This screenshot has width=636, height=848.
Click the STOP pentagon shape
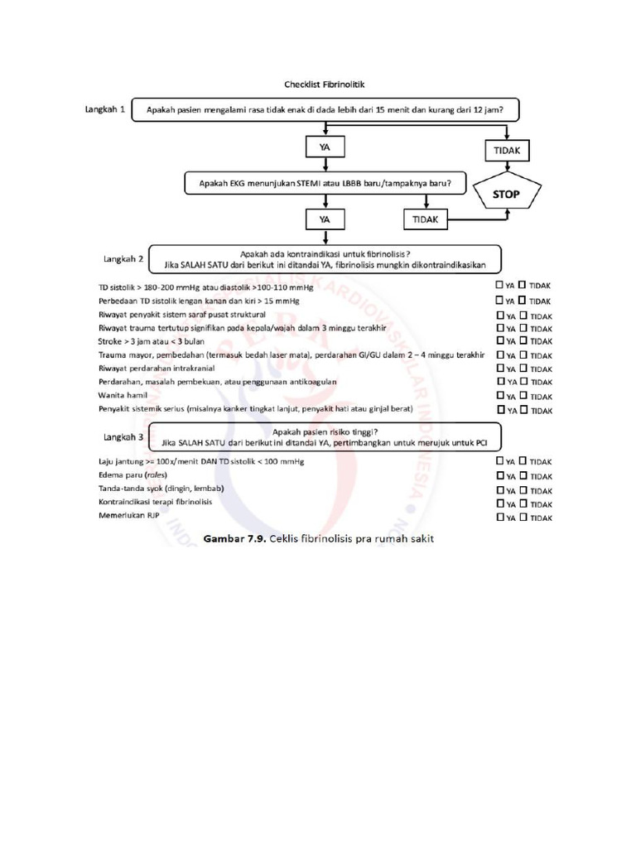(507, 195)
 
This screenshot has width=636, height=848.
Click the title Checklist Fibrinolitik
(319, 84)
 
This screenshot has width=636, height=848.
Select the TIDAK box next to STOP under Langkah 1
(507, 151)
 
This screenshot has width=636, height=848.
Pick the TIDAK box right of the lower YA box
(426, 219)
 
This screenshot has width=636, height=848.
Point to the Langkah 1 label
(105, 109)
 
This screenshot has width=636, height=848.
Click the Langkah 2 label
(122, 258)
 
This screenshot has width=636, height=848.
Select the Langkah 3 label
(122, 436)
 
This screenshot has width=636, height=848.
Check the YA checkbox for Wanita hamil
(499, 396)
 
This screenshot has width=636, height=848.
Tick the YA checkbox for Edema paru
(499, 475)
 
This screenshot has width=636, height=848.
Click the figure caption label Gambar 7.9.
(234, 538)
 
